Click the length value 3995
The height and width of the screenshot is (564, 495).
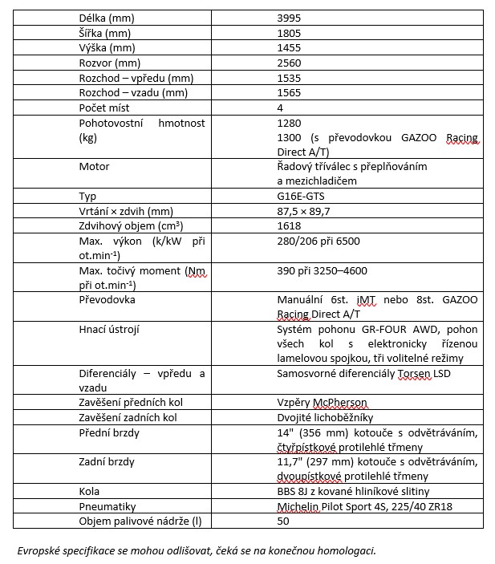289,17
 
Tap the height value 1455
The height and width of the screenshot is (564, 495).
289,47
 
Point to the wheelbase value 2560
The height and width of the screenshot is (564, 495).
289,63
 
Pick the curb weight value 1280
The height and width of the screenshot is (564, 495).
289,124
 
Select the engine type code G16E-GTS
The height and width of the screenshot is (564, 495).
302,197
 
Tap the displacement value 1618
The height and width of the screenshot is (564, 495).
289,227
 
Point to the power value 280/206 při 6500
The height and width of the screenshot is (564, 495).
318,242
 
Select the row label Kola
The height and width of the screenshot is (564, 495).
89,491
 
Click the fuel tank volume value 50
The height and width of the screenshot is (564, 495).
282,521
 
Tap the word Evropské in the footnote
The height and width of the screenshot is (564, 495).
41,550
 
